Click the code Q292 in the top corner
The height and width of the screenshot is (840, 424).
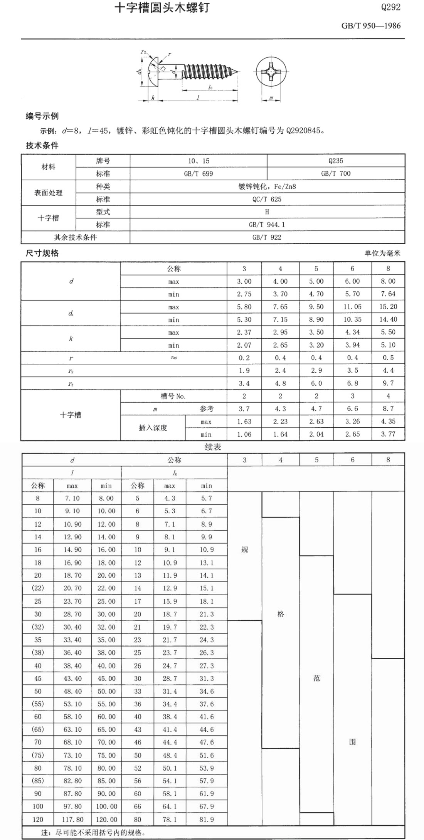(390, 7)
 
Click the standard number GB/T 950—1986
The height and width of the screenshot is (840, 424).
(371, 26)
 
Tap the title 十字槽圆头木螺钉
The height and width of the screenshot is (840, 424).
(162, 8)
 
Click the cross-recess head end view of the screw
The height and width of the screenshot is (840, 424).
(271, 72)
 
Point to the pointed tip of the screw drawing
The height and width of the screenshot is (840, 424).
(237, 72)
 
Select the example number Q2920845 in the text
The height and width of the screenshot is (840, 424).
(303, 131)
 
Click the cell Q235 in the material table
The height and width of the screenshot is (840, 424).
(336, 161)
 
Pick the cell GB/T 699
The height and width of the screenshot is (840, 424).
(198, 173)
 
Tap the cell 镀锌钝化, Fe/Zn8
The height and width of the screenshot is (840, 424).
(267, 186)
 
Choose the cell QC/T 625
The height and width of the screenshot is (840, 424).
(267, 199)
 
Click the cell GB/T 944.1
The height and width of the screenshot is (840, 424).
(267, 225)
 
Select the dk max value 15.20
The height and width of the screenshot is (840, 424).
(388, 307)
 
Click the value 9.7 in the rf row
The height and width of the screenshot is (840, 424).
(388, 383)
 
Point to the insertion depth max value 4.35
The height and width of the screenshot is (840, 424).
(388, 422)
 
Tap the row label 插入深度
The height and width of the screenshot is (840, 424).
(153, 428)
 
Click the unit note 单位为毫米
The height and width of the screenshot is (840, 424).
(382, 253)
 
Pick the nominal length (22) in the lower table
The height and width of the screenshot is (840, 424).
(38, 588)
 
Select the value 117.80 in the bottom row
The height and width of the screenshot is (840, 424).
(72, 820)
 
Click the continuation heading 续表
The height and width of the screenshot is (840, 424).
(213, 447)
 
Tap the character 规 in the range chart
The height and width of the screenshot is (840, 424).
(244, 550)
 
